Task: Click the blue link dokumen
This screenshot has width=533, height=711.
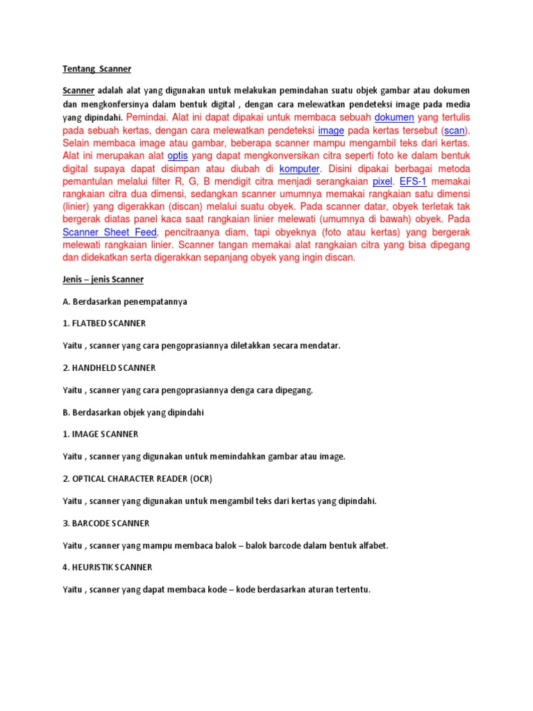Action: [394, 117]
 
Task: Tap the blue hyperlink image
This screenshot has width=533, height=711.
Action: [331, 130]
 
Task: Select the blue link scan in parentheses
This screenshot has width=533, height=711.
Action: [455, 130]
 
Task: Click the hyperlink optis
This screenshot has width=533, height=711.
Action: [178, 156]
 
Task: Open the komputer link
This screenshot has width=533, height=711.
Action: [299, 169]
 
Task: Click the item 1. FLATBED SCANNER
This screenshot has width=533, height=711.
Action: [104, 324]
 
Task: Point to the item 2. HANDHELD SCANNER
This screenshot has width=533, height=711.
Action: [109, 368]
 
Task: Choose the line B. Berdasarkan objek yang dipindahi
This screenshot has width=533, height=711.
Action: [133, 412]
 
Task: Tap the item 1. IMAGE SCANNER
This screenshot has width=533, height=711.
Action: [101, 434]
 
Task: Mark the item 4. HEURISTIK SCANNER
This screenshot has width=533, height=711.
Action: [108, 567]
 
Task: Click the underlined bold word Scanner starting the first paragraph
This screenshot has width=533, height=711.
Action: [78, 91]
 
